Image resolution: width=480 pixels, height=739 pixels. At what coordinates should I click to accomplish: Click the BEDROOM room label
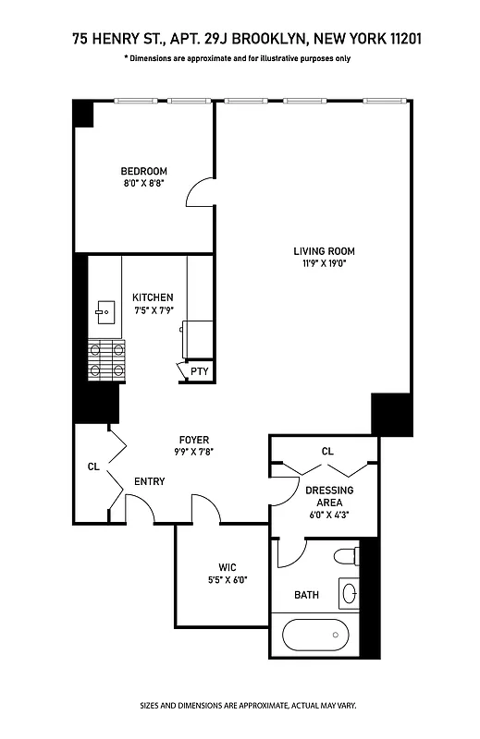(x=143, y=171)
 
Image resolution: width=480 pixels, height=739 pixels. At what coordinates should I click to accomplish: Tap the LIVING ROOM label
(x=324, y=250)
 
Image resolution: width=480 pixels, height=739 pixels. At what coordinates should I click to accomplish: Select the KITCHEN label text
(x=153, y=297)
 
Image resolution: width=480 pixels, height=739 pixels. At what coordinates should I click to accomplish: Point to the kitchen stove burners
(x=105, y=360)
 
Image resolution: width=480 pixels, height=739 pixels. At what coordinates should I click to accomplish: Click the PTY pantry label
(x=199, y=372)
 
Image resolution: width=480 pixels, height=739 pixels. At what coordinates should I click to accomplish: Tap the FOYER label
(x=194, y=440)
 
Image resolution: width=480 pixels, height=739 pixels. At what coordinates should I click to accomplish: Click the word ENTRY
(x=149, y=481)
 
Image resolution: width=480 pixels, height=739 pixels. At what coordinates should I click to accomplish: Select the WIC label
(x=228, y=567)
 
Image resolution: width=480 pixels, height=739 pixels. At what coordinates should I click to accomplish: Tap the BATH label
(x=306, y=595)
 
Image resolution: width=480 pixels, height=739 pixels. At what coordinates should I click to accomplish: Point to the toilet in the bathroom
(x=344, y=557)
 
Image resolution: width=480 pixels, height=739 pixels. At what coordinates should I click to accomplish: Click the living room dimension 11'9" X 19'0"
(x=324, y=262)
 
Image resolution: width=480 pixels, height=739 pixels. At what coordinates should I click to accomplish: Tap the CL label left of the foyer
(x=93, y=467)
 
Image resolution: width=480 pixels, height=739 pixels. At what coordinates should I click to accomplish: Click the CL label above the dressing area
(x=327, y=452)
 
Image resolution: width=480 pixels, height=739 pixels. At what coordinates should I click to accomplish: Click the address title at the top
(x=239, y=40)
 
